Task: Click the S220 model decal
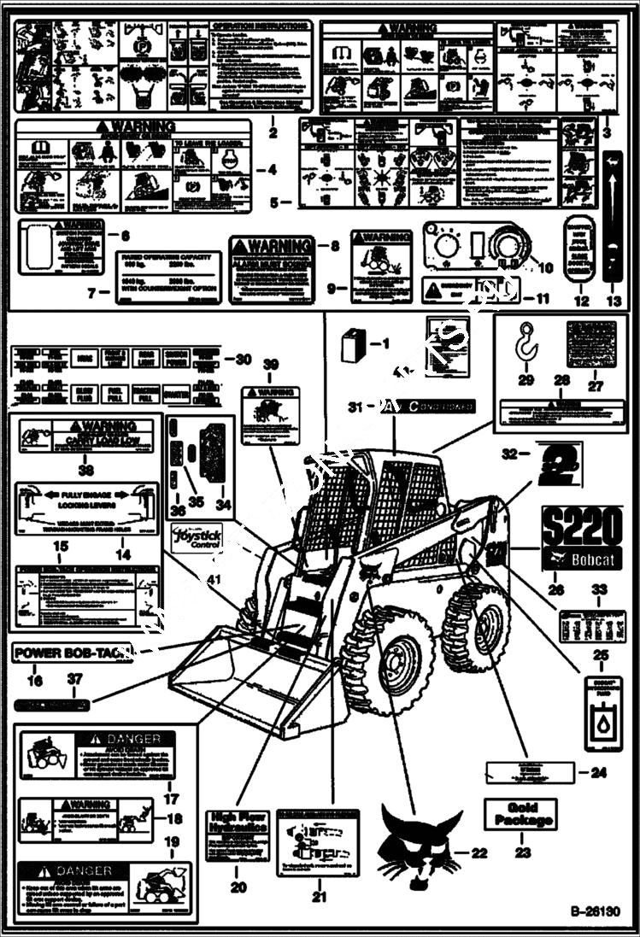(582, 528)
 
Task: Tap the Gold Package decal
(520, 814)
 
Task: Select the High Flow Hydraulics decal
(238, 835)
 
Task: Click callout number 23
(522, 852)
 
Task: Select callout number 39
(270, 366)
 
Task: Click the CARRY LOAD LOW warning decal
(85, 436)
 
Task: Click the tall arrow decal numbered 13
(613, 215)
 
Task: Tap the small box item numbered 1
(350, 345)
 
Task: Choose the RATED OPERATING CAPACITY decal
(168, 278)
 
